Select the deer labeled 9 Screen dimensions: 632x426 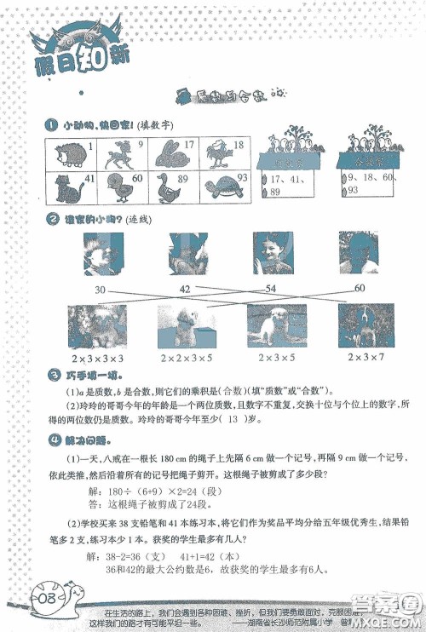(x=115, y=155)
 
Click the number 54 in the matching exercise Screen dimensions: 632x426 (x=271, y=290)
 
